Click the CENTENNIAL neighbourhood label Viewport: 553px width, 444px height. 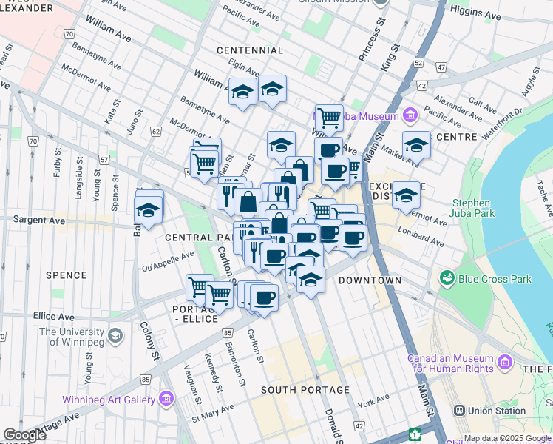(x=250, y=50)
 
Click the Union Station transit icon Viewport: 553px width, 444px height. (x=459, y=411)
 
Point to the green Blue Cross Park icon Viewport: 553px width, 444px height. (x=447, y=279)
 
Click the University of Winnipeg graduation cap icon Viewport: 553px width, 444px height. (x=115, y=337)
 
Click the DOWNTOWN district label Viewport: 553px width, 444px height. (x=370, y=281)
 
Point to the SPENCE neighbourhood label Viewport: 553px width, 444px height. (x=67, y=275)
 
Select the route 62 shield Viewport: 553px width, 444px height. (x=155, y=131)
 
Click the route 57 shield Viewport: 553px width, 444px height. (x=104, y=160)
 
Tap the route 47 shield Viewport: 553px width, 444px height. (x=441, y=67)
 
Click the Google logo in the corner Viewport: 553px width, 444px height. (x=24, y=435)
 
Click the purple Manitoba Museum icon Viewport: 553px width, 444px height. (x=410, y=115)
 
